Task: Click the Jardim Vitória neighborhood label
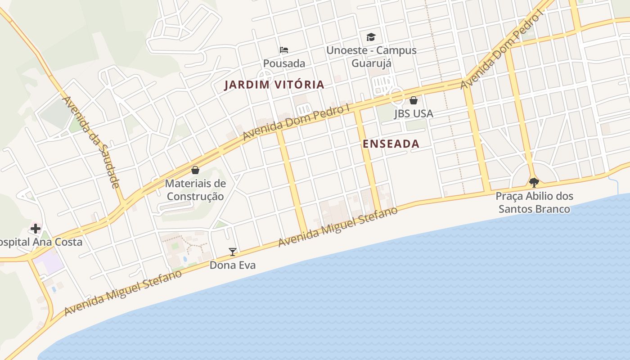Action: pyautogui.click(x=274, y=85)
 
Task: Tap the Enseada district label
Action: pyautogui.click(x=391, y=144)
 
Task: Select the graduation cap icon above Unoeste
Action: pyautogui.click(x=371, y=37)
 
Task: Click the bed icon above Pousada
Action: pyautogui.click(x=284, y=49)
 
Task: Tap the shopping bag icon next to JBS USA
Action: pyautogui.click(x=413, y=100)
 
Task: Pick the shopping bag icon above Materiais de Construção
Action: pyautogui.click(x=195, y=170)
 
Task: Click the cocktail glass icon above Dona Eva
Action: pyautogui.click(x=233, y=252)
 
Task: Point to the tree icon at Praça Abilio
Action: pyautogui.click(x=534, y=182)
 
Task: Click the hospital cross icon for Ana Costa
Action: pyautogui.click(x=36, y=228)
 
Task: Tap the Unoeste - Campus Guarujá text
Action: pyautogui.click(x=371, y=57)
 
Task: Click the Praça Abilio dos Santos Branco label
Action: pyautogui.click(x=534, y=202)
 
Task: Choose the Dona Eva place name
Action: pyautogui.click(x=233, y=265)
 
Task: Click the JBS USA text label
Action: pyautogui.click(x=414, y=113)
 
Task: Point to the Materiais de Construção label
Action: pyautogui.click(x=195, y=190)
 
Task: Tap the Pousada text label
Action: pyautogui.click(x=284, y=63)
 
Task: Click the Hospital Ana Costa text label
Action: pyautogui.click(x=40, y=242)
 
